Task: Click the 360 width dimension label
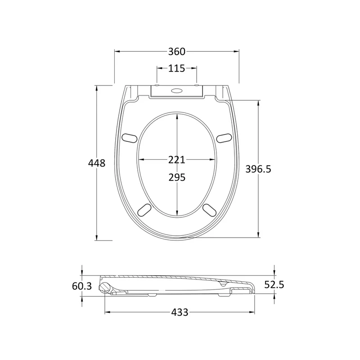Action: click(x=176, y=52)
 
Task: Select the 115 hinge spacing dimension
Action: click(x=176, y=68)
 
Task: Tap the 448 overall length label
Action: click(x=97, y=163)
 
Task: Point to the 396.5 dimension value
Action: click(x=258, y=169)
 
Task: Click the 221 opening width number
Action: click(x=176, y=160)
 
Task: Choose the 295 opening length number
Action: click(x=177, y=177)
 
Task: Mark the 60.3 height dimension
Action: click(x=82, y=286)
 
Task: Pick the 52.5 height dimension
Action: click(x=274, y=285)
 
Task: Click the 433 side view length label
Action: click(x=180, y=312)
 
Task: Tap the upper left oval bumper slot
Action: click(x=129, y=138)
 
